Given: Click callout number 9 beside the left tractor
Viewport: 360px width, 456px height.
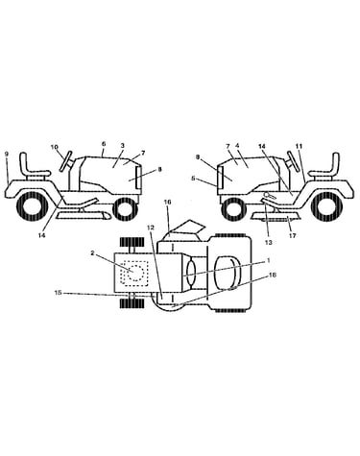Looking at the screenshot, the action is (x=7, y=154).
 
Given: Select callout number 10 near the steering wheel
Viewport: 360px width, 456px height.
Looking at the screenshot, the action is (x=54, y=147).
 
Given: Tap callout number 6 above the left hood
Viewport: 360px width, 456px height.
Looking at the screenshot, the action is (x=104, y=144).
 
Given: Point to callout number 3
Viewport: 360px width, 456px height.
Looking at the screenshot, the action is (x=123, y=146).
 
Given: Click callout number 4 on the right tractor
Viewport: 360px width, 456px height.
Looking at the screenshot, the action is (x=237, y=146).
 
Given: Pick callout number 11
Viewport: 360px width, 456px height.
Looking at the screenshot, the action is (x=299, y=146).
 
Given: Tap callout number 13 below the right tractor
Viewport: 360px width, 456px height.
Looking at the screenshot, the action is (x=269, y=242).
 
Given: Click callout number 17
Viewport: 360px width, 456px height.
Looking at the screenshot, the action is (x=292, y=236).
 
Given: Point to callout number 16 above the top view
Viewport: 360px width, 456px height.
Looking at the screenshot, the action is (x=168, y=202).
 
